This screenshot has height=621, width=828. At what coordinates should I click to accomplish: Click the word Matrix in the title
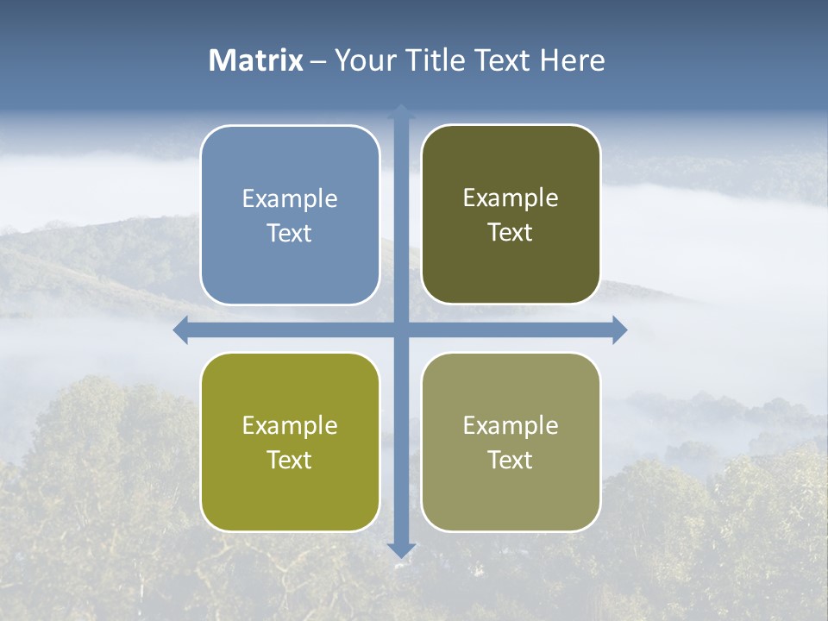[256, 60]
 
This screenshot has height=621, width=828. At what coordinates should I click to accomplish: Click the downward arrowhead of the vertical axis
[401, 549]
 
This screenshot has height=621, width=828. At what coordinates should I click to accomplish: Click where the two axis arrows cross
[401, 330]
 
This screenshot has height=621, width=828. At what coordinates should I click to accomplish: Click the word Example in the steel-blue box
[290, 199]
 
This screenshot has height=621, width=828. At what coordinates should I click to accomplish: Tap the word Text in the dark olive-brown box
[511, 233]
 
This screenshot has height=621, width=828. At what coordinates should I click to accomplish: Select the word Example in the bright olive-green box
[290, 426]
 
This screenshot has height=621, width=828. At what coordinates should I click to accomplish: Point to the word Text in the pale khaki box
[511, 460]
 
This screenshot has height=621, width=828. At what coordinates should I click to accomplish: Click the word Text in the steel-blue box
[290, 234]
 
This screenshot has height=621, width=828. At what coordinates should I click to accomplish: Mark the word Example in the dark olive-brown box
[511, 198]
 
